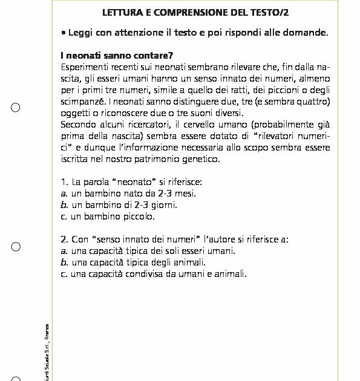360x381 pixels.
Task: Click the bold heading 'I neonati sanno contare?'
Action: click(117, 54)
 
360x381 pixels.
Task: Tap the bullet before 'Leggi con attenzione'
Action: click(64, 32)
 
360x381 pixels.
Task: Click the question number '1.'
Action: click(65, 181)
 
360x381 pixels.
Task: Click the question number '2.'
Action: click(65, 239)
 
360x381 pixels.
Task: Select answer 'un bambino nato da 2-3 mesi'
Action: click(133, 193)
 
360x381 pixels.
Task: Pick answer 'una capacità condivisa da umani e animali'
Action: click(159, 273)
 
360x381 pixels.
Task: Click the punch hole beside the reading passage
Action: click(16, 108)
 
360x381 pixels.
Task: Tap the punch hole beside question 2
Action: click(16, 246)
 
